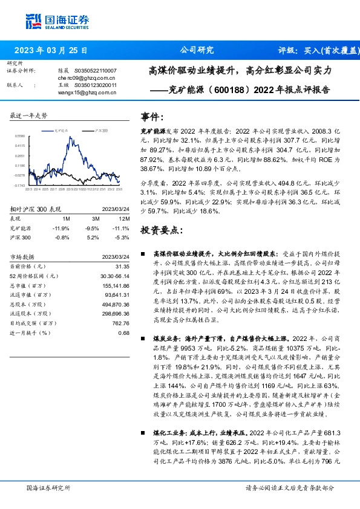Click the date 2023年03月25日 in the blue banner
[50, 50]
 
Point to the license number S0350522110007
[96, 71]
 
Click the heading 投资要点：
[161, 230]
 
